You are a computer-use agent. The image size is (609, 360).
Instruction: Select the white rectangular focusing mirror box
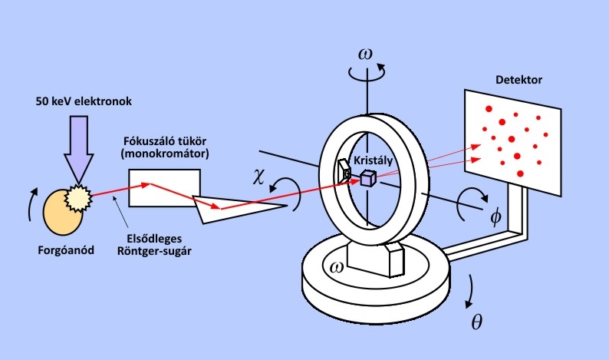pyautogui.click(x=165, y=187)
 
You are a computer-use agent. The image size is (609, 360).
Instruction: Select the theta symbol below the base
pyautogui.click(x=476, y=322)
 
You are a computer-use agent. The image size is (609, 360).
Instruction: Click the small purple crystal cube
pyautogui.click(x=367, y=178)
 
